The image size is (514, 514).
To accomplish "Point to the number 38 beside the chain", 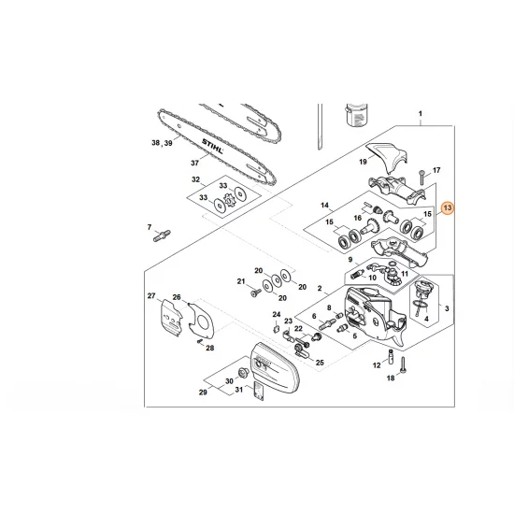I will (x=155, y=143).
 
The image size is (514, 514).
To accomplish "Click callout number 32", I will (x=195, y=178).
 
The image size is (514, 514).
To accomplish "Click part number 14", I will (x=325, y=204).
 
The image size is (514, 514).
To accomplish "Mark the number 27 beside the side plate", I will (x=150, y=297).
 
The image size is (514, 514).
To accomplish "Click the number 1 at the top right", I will (x=421, y=116).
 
